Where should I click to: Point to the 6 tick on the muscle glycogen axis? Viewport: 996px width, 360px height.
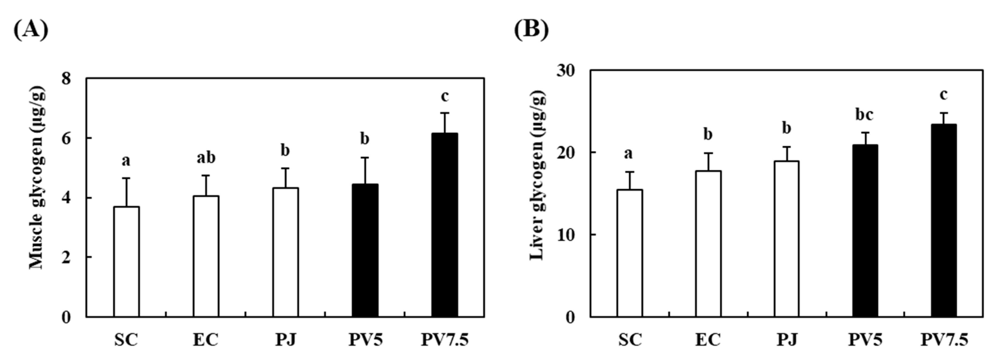tap(66, 138)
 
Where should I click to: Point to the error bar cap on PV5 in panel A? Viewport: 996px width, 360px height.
tap(365, 158)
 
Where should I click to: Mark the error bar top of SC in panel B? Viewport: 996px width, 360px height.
tap(630, 172)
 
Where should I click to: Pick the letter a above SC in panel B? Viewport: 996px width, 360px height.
tap(628, 154)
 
